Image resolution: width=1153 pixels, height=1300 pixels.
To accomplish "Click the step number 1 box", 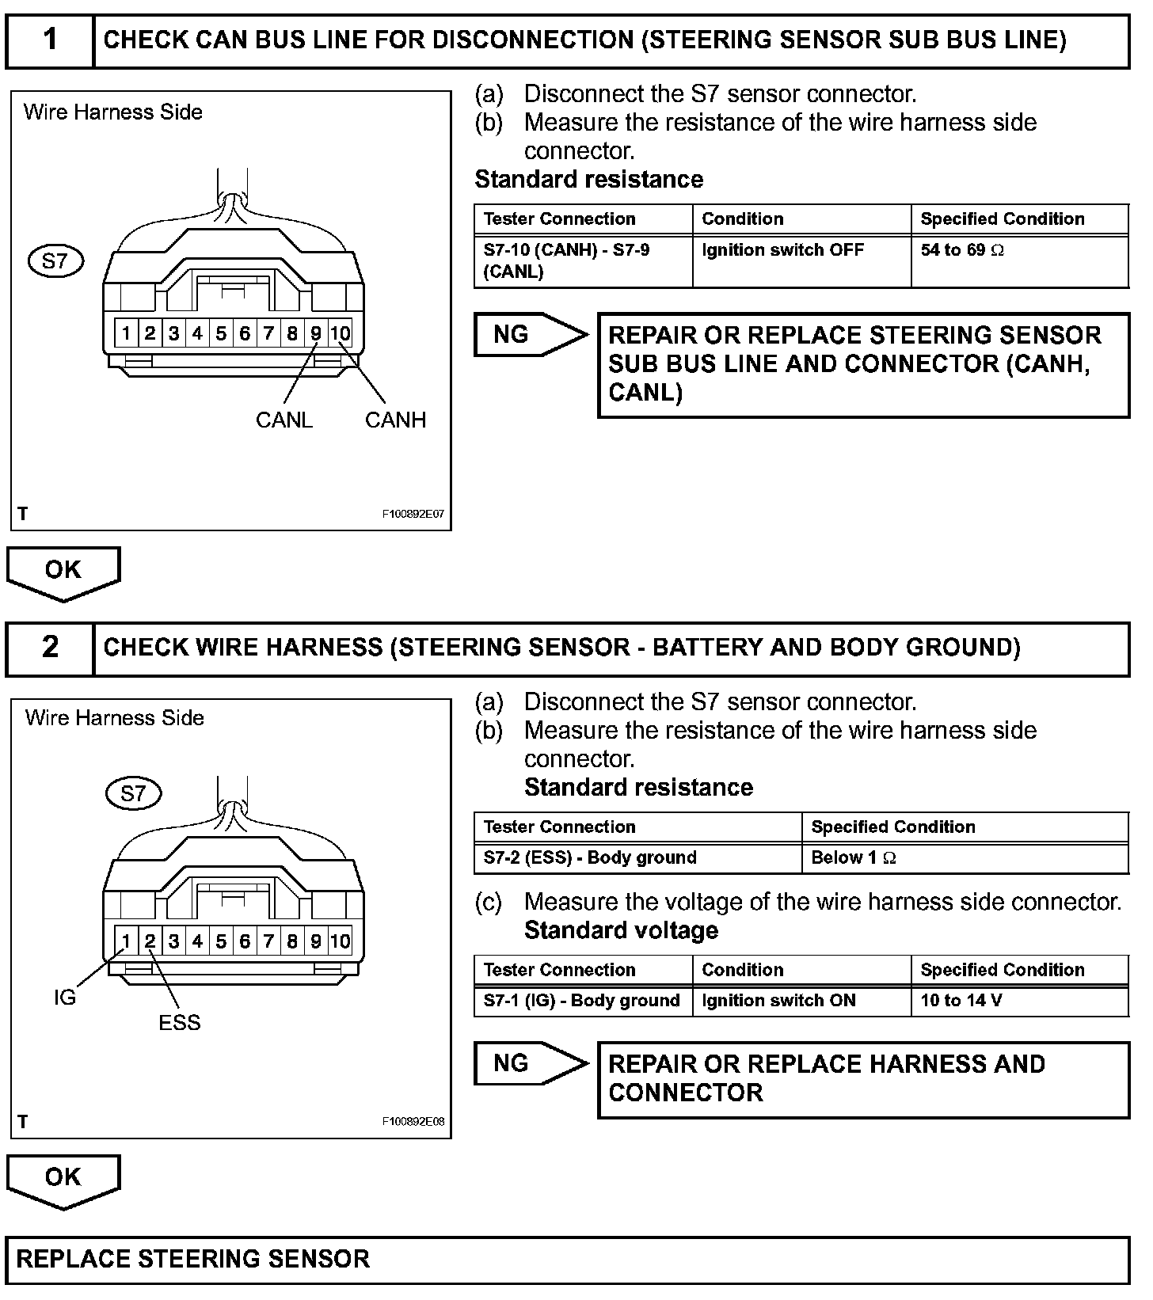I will click(50, 40).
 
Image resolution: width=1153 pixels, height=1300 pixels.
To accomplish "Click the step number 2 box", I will click(50, 648).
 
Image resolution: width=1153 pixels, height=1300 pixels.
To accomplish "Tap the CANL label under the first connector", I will click(283, 420).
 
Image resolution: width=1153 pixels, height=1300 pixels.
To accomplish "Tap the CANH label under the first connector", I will click(395, 420).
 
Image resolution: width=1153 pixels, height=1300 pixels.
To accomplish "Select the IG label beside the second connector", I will click(65, 998).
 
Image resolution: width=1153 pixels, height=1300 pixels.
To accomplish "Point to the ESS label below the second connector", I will click(179, 1023).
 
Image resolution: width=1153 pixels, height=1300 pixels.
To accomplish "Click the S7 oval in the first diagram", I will click(55, 260).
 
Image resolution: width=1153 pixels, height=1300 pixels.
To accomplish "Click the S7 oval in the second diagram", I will click(133, 793).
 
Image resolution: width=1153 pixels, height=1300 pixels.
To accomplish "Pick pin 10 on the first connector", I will click(340, 333).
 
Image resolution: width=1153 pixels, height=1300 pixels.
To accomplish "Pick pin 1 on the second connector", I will click(126, 941).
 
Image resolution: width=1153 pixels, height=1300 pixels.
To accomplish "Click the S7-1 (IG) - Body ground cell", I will click(582, 1001).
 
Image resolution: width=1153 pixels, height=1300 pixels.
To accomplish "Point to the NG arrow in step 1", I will click(529, 334).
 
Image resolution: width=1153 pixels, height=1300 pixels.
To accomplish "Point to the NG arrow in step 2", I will click(529, 1063).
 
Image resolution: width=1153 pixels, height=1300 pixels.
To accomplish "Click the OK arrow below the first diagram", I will click(63, 572).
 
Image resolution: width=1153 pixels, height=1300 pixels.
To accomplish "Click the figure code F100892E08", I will click(413, 1122).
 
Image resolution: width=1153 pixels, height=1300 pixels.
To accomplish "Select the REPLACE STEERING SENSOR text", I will click(193, 1260).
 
